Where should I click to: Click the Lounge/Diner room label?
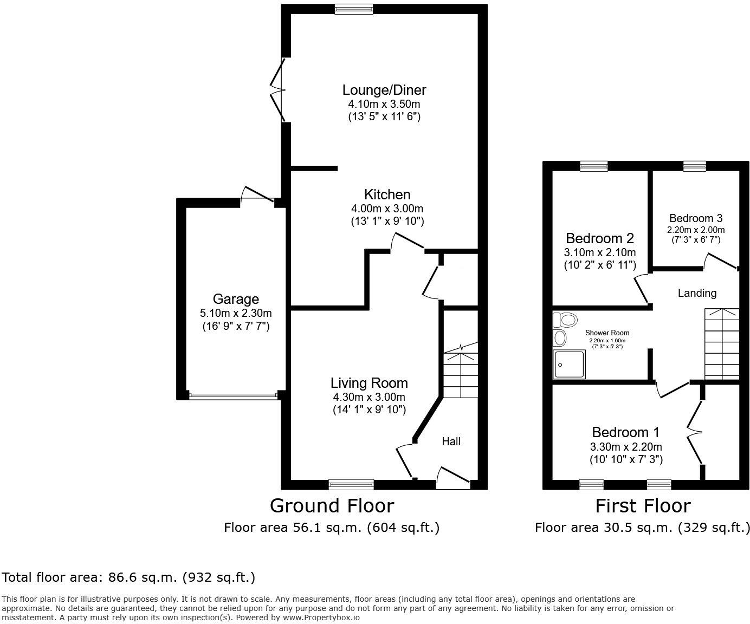tap(384, 90)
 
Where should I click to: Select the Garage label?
tap(236, 299)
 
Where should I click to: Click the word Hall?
tap(451, 441)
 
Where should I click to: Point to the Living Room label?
tap(369, 383)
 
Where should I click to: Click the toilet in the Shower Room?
tap(564, 320)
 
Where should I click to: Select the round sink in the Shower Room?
tap(560, 339)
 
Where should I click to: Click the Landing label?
tap(697, 293)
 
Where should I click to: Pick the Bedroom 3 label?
tap(696, 218)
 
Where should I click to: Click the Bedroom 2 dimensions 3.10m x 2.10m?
tap(599, 252)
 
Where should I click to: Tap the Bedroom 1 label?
tap(626, 432)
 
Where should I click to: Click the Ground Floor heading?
tap(332, 505)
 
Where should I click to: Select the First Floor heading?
tap(643, 505)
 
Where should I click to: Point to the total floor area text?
tap(128, 577)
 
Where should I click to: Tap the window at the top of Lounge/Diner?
tap(354, 8)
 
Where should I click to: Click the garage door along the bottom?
tap(234, 396)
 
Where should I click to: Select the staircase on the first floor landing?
tap(721, 343)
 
